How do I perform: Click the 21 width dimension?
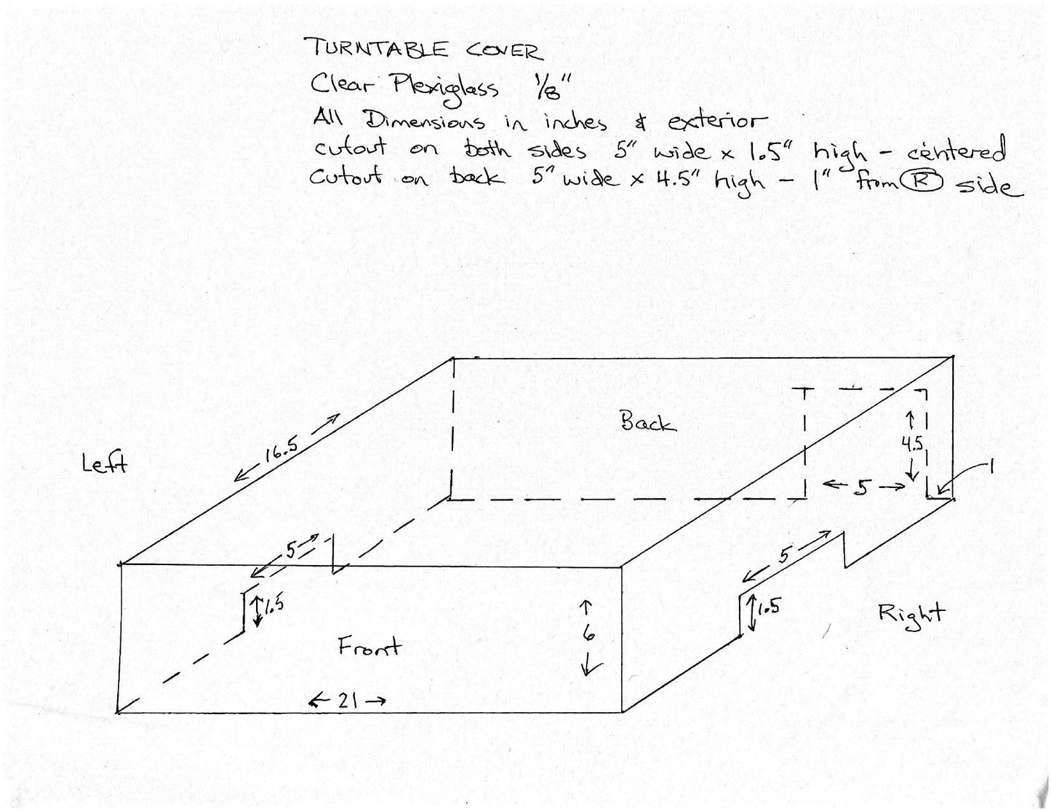348,700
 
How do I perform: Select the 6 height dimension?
588,634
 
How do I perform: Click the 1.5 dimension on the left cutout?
274,605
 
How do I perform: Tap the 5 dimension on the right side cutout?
784,556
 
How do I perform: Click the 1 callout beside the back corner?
991,468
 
